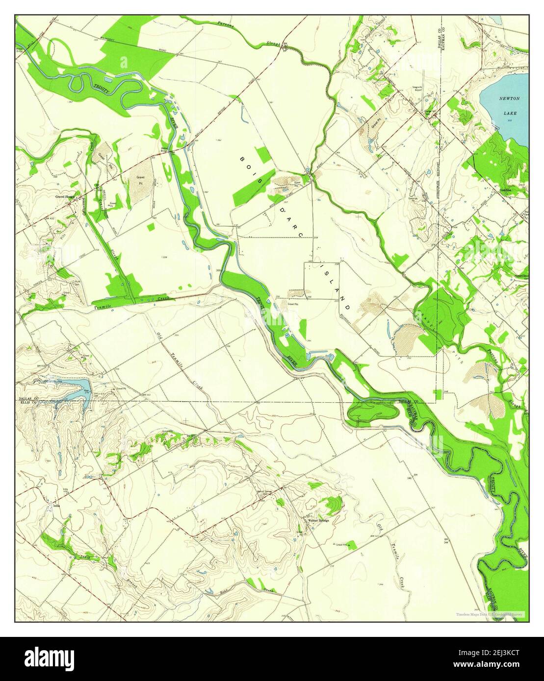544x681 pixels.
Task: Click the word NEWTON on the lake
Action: (x=509, y=98)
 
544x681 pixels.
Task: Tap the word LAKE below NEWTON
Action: (x=510, y=113)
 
